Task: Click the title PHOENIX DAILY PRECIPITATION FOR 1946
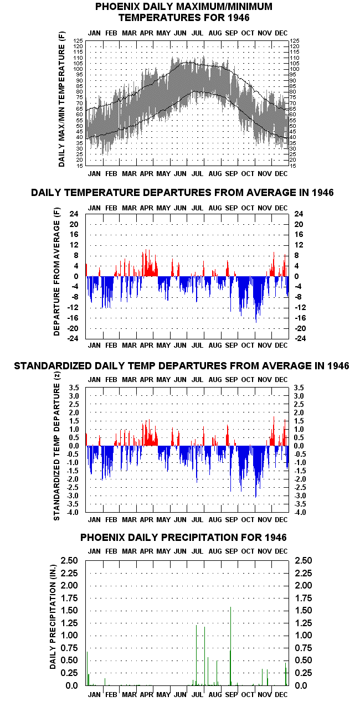point(183,537)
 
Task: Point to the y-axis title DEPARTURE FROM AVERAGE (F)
point(56,271)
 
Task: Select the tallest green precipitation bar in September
point(230,646)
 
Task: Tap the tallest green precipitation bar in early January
point(87,668)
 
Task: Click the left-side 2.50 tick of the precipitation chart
point(69,560)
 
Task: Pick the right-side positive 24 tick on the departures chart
point(299,214)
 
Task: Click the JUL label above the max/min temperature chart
point(197,33)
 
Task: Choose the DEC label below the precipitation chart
point(281,694)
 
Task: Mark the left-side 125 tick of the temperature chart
point(78,40)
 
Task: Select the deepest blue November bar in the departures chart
point(256,300)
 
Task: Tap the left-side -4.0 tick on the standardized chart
point(73,512)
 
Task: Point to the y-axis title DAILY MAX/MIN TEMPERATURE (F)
point(61,99)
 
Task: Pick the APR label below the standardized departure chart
point(147,520)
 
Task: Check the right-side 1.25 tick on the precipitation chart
point(304,623)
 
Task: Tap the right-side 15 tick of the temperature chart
point(293,166)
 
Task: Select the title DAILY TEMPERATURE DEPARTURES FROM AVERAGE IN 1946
point(182,193)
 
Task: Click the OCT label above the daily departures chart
point(248,208)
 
